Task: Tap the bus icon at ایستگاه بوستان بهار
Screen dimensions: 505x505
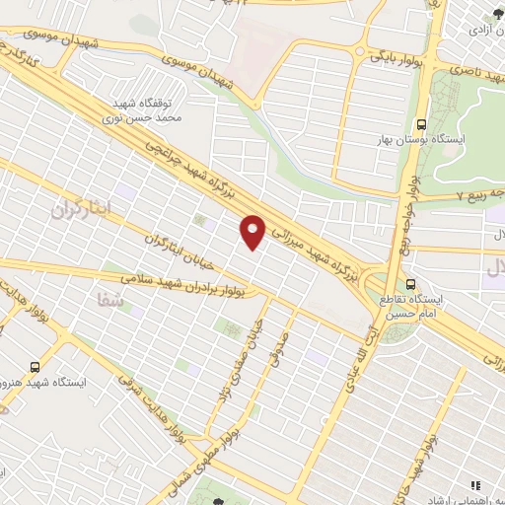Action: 422,124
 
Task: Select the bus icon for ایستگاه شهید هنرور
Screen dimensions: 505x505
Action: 36,364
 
